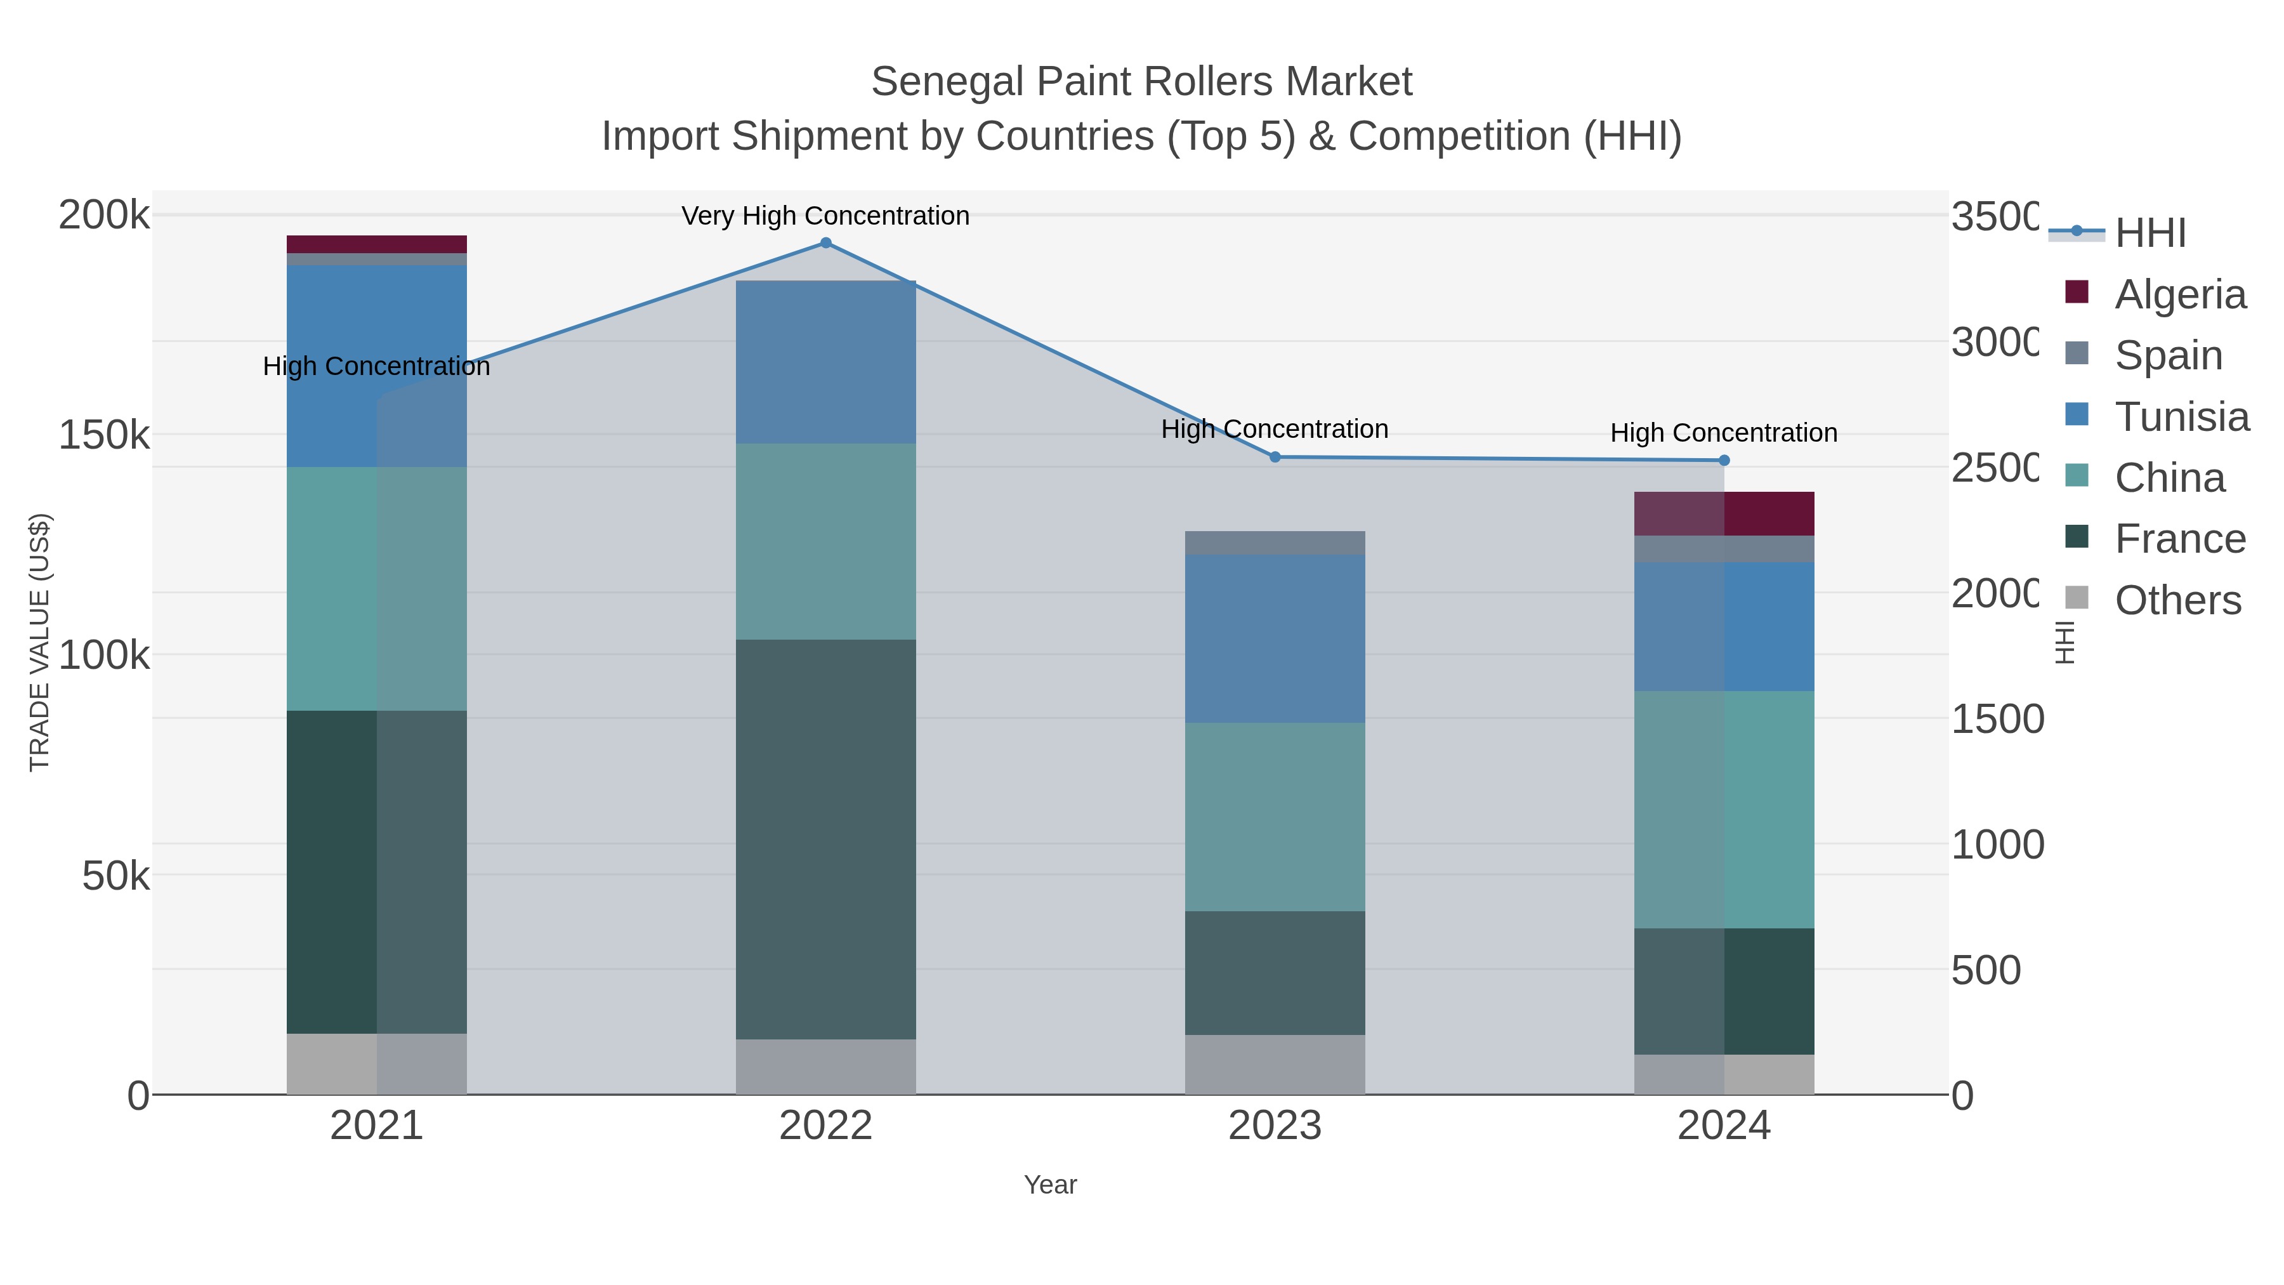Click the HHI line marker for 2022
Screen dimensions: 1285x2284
coord(825,243)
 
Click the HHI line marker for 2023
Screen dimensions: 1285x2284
coord(1275,457)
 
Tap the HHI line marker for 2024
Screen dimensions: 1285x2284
coord(1724,460)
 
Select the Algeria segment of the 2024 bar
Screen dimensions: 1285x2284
coord(1724,513)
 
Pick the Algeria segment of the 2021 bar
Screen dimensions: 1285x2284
coord(377,244)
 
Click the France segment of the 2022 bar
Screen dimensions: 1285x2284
coord(825,839)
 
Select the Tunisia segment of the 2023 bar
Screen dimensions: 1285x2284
coord(1275,638)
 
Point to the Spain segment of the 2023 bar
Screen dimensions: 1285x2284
coord(1275,543)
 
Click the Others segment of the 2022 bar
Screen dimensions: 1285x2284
coord(825,1067)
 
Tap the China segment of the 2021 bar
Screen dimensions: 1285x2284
coord(377,589)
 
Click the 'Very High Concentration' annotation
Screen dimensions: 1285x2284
coord(825,216)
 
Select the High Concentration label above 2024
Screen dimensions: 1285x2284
coord(1724,433)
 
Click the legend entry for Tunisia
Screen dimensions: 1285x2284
coord(2181,417)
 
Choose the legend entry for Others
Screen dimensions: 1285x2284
coord(2177,600)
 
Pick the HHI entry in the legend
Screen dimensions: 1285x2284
coord(2150,234)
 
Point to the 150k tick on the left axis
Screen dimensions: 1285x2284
coord(104,435)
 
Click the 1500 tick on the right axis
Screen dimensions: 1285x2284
coord(1997,719)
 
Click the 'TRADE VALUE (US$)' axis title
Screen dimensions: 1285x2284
coord(40,642)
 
